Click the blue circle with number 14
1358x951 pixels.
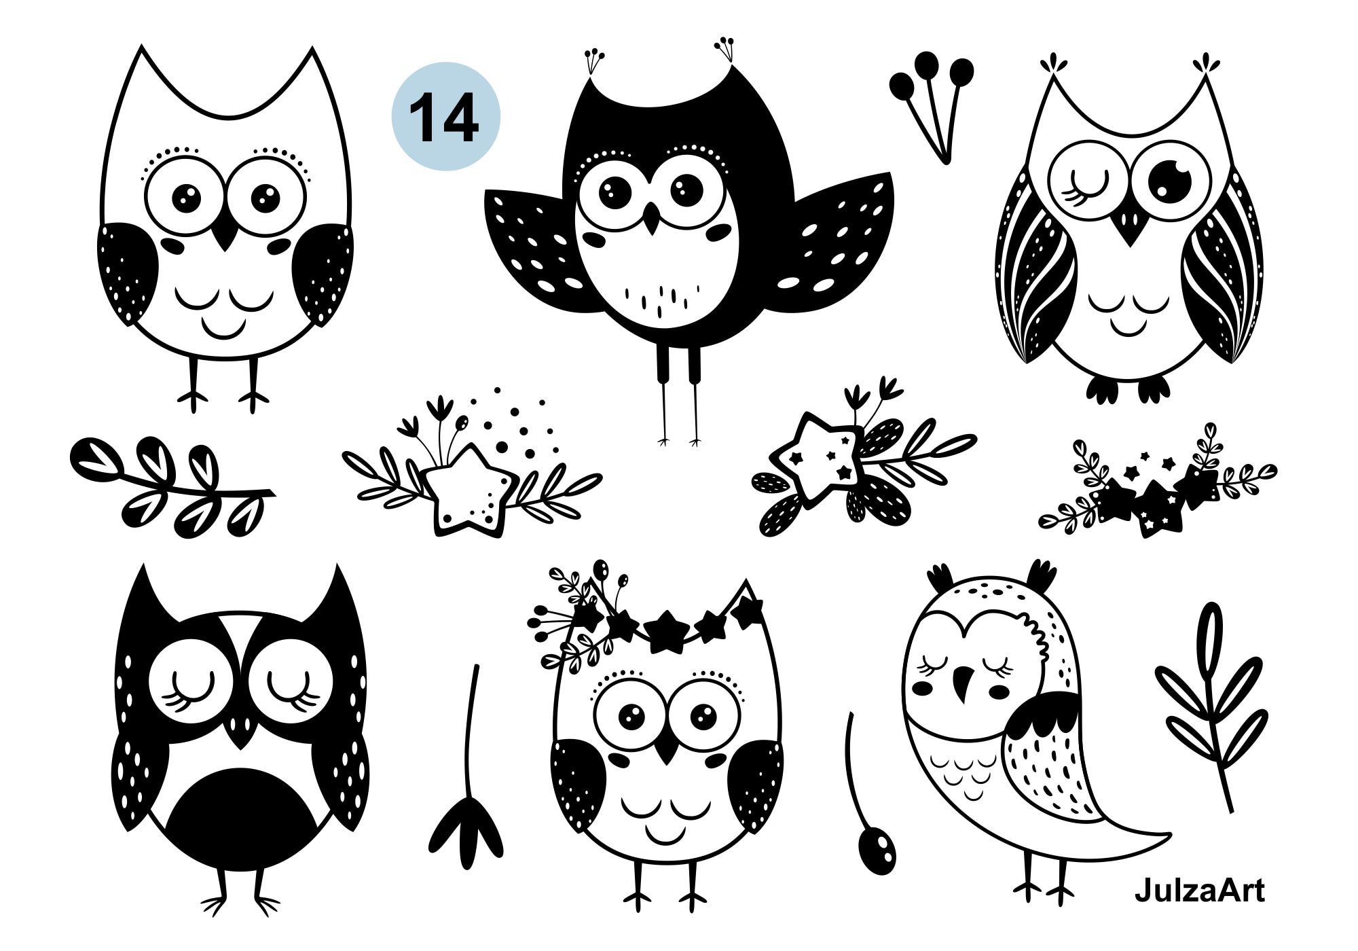pos(446,116)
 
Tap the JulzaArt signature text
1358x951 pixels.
pos(1199,891)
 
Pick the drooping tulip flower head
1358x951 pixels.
pos(466,832)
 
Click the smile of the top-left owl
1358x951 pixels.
pos(223,329)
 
